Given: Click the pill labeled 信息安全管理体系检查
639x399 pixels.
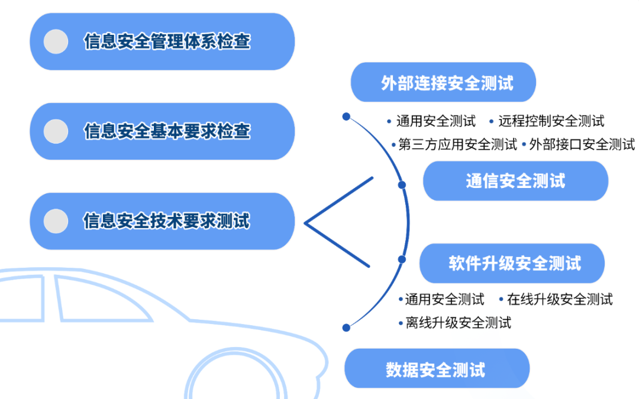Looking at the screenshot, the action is [x=162, y=41].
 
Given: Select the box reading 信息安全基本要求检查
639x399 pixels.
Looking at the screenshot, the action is [x=162, y=131].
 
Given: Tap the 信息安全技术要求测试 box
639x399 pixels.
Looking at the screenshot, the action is [x=162, y=221].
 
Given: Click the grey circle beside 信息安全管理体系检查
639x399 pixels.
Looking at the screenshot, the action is [x=56, y=41].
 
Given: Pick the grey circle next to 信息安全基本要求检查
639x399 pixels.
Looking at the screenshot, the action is [x=56, y=131].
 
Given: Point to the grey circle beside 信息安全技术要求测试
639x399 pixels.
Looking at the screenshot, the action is [x=56, y=221].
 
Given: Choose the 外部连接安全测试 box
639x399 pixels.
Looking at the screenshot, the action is [x=443, y=82].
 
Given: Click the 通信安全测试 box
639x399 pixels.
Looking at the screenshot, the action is [x=515, y=181].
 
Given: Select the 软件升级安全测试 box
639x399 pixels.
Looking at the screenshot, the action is [x=512, y=263].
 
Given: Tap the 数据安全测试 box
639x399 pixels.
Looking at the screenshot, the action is [x=437, y=368].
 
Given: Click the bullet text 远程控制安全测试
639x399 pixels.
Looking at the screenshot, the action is [x=551, y=121].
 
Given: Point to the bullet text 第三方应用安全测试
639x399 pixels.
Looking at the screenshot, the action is [x=457, y=144].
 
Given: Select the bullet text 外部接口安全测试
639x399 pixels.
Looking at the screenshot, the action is [x=582, y=144].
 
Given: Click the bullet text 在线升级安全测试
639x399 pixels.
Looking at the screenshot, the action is [x=560, y=299].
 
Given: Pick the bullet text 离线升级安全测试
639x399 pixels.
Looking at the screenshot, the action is [x=458, y=323].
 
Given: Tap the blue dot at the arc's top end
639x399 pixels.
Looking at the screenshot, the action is [x=346, y=117].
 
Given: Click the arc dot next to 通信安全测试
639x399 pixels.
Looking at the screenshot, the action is [x=402, y=185].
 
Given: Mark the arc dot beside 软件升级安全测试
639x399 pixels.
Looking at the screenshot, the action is [x=402, y=259].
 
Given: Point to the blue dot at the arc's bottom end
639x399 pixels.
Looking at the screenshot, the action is [x=346, y=327].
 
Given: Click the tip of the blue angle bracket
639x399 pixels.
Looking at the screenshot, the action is [x=305, y=223].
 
